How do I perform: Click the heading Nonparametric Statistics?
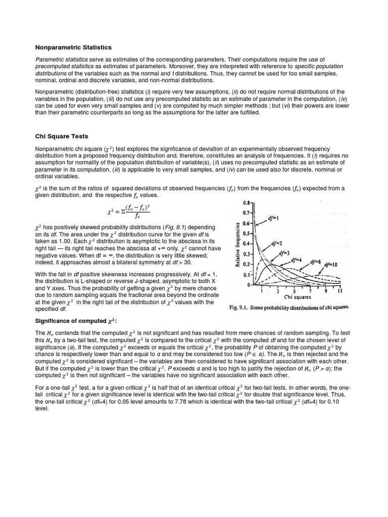[x=73, y=47]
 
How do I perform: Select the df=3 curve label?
[x=285, y=255]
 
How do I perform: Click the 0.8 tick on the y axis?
[x=246, y=202]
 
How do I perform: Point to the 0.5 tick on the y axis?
[x=246, y=234]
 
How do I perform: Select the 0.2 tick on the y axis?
[x=246, y=264]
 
